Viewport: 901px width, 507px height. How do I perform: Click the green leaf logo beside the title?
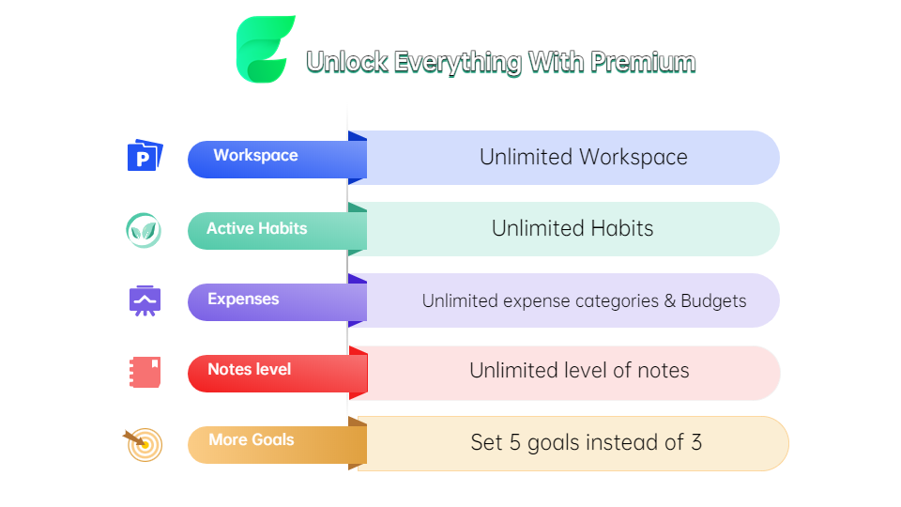[x=265, y=49]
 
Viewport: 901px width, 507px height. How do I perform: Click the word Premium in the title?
[x=643, y=62]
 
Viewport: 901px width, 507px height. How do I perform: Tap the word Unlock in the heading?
[x=347, y=62]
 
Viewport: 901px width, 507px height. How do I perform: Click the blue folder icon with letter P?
[x=145, y=155]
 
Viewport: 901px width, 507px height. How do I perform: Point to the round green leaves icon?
[x=144, y=231]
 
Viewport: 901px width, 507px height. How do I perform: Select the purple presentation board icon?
[x=145, y=300]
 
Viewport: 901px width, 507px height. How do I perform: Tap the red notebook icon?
[x=145, y=372]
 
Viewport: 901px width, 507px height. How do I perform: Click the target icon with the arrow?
[x=144, y=444]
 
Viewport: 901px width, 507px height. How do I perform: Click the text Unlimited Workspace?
[x=583, y=158]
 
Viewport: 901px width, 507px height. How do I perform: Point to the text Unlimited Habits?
[x=573, y=229]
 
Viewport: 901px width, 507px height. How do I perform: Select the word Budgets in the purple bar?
[x=713, y=300]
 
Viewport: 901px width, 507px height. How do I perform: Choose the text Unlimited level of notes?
[x=579, y=371]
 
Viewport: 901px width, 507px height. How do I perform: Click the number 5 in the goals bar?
[x=515, y=442]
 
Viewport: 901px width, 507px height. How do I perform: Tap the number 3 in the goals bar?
[x=696, y=442]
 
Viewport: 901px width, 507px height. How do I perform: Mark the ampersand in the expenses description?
[x=669, y=301]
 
